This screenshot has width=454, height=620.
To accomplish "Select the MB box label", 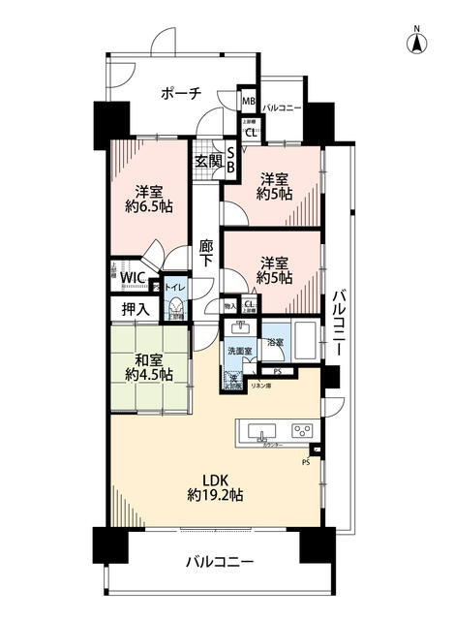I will pyautogui.click(x=249, y=101).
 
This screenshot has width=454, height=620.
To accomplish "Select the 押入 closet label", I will pyautogui.click(x=135, y=309).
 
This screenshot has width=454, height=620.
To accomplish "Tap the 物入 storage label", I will pyautogui.click(x=229, y=306).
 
